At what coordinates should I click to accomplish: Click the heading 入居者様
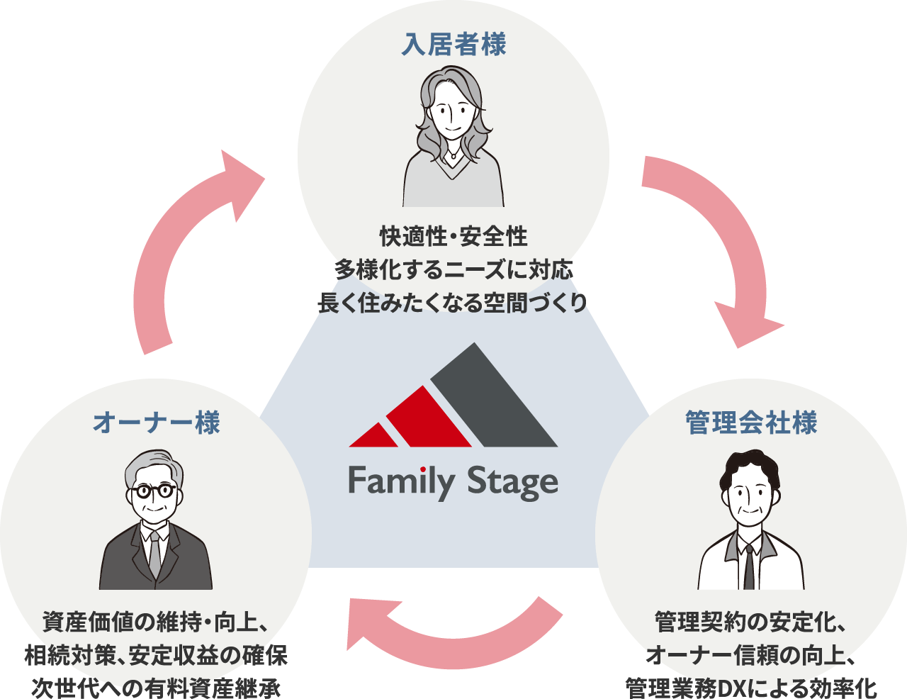[x=453, y=44]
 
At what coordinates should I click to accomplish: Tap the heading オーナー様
[x=157, y=423]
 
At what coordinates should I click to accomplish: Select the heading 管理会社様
[x=751, y=423]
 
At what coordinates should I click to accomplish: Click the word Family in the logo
[x=401, y=482]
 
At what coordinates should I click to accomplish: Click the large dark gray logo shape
[x=489, y=404]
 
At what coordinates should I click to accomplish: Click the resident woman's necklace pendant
[x=453, y=154]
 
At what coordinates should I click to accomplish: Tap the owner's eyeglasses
[x=154, y=490]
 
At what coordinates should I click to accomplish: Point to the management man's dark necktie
[x=749, y=567]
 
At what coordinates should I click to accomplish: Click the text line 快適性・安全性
[x=453, y=236]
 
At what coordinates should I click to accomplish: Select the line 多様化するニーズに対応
[x=453, y=269]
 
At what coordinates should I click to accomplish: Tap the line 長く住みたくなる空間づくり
[x=453, y=303]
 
